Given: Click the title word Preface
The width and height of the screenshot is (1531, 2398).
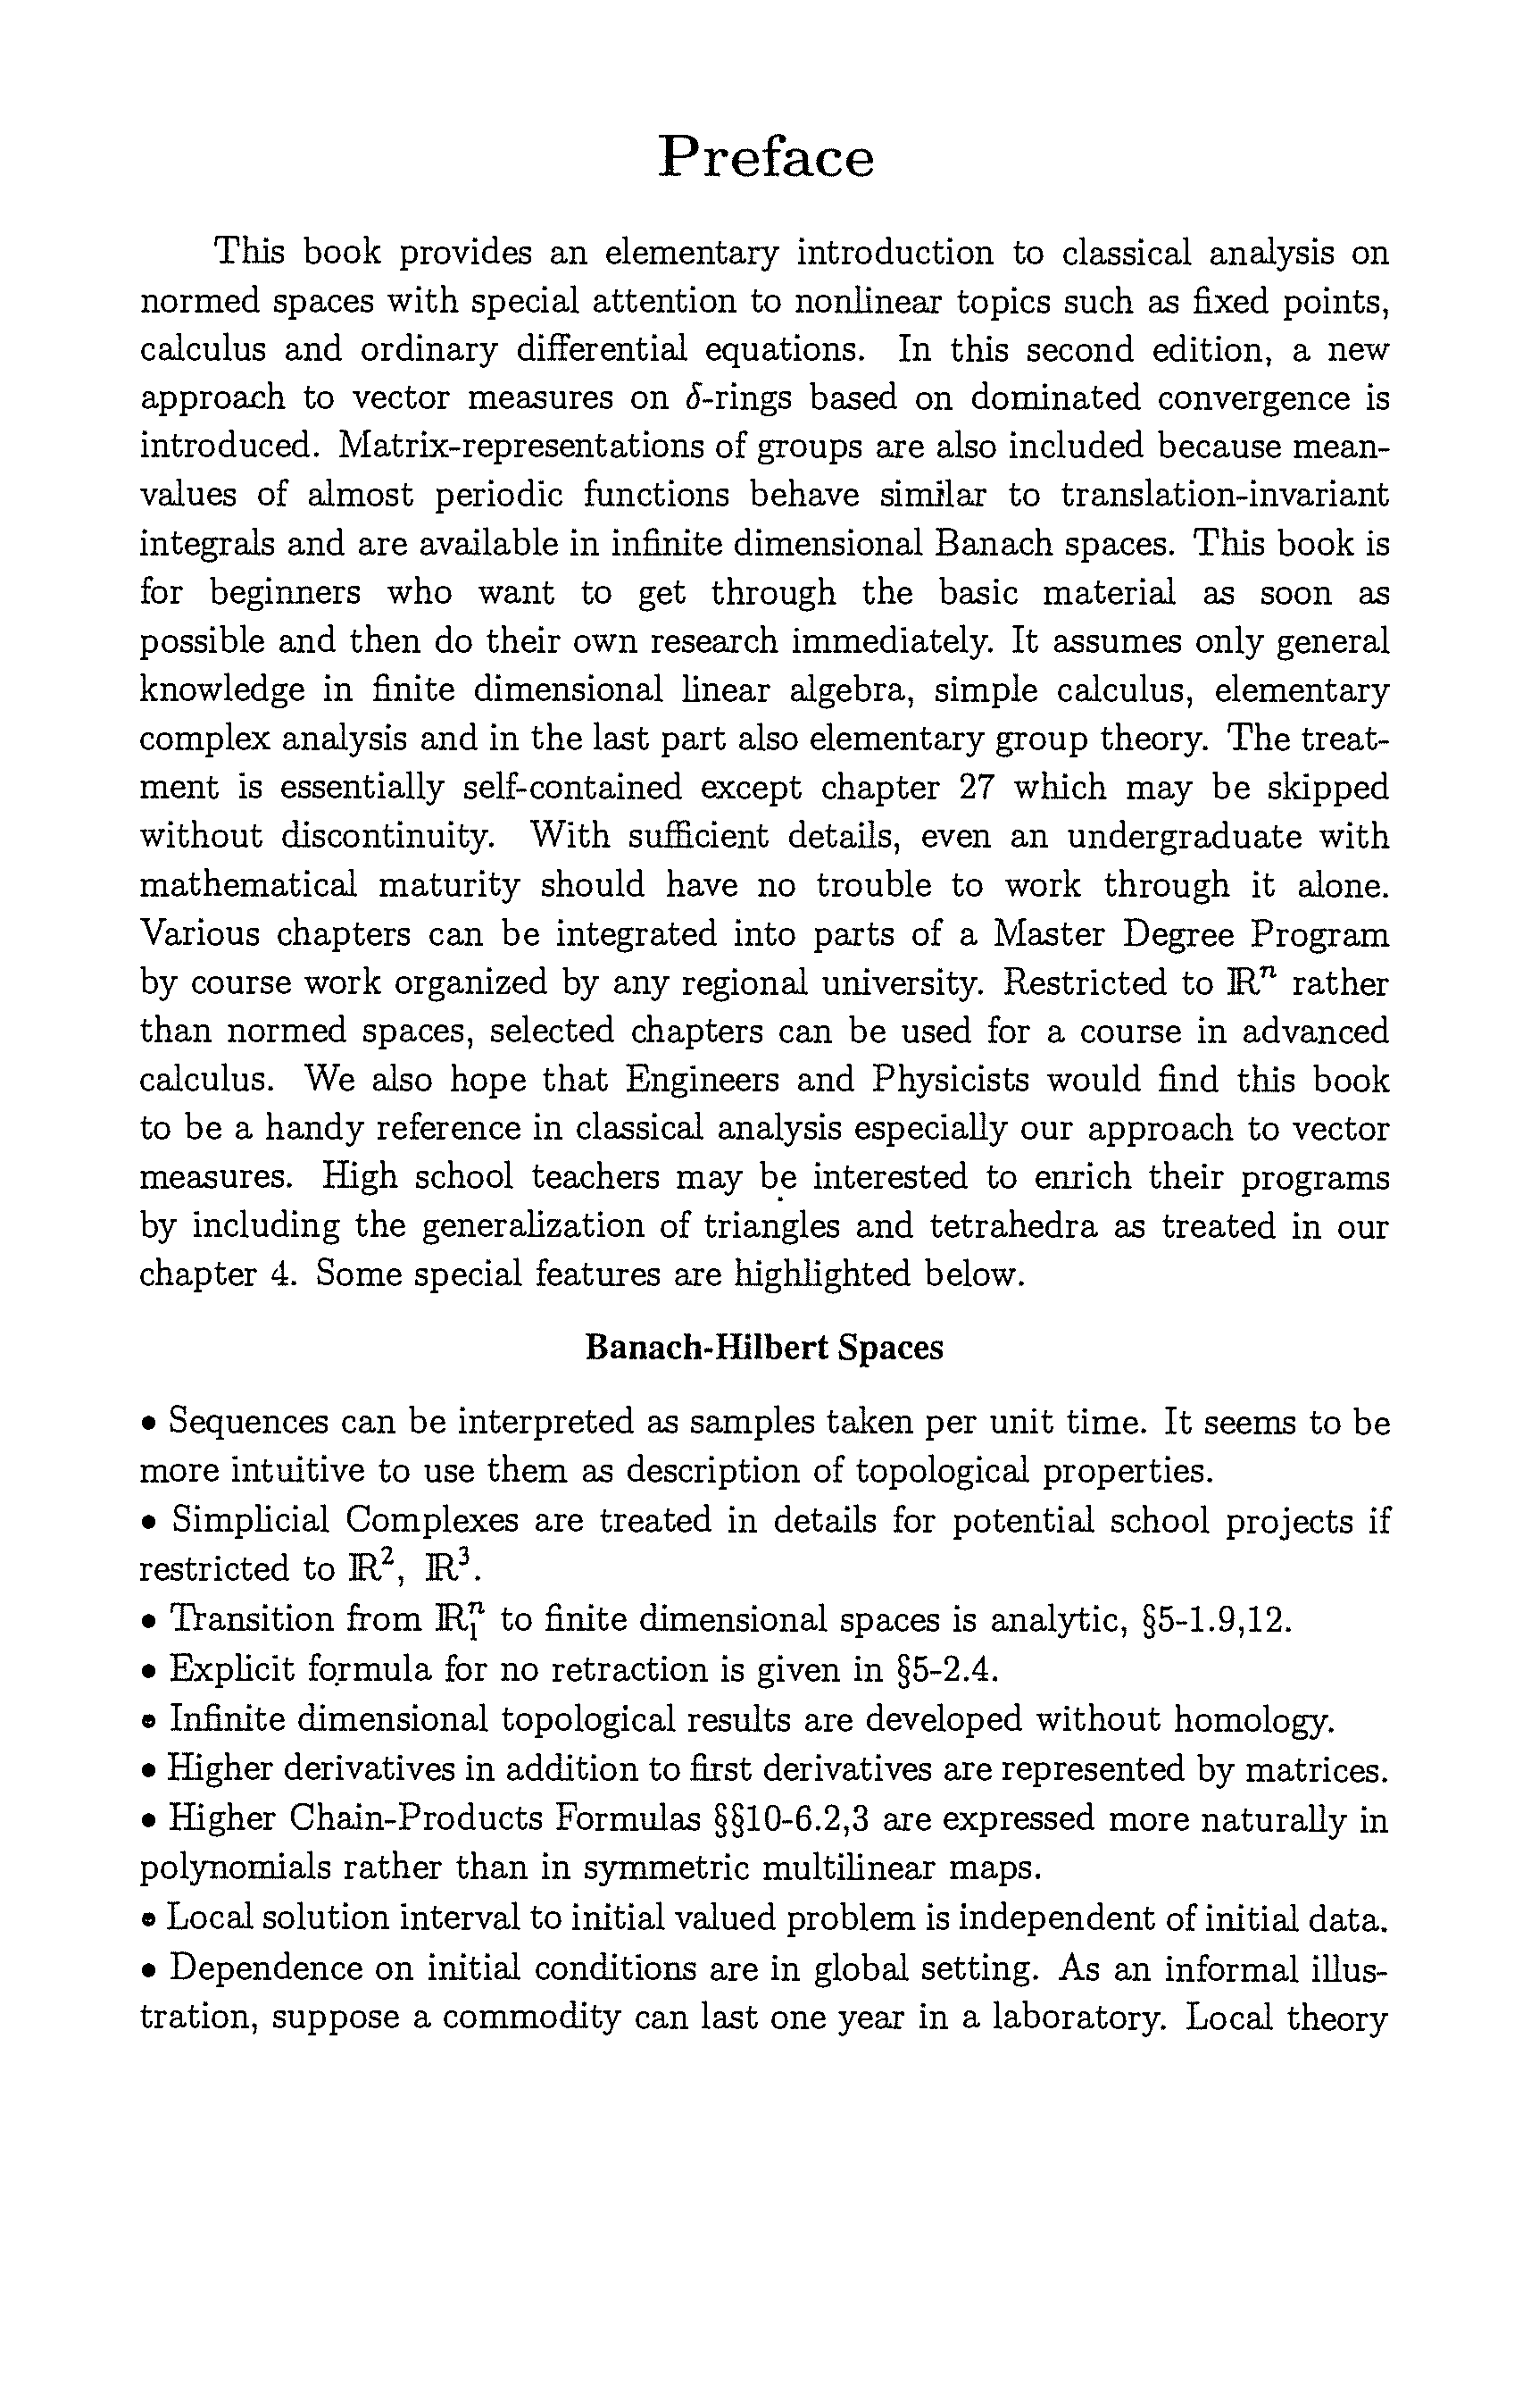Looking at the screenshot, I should tap(766, 157).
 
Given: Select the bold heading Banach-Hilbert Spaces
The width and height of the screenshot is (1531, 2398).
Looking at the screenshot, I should tap(763, 1348).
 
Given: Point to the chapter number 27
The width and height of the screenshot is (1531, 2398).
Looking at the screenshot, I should tap(978, 787).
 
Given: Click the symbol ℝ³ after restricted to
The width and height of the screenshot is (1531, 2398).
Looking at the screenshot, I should tap(452, 1569).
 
